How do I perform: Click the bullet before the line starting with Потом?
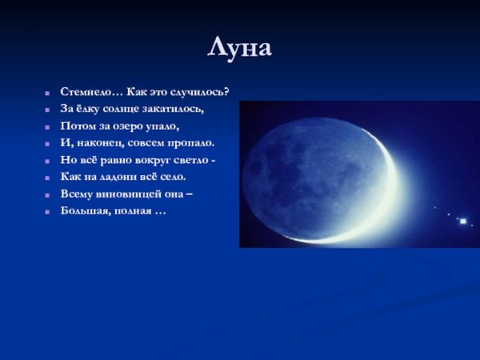tap(49, 126)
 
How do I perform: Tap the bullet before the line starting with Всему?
tap(49, 194)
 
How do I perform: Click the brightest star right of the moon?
tap(462, 221)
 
